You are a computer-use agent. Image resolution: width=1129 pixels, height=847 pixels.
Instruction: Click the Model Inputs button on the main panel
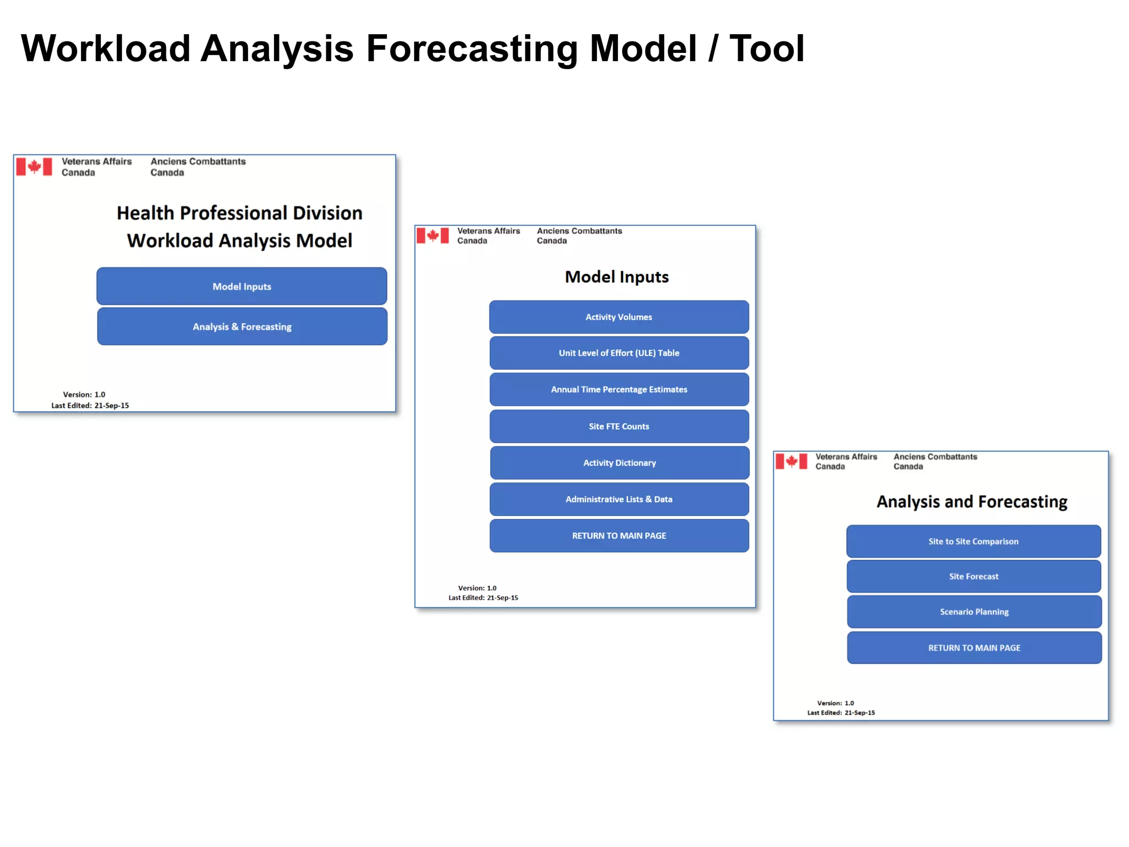pyautogui.click(x=241, y=286)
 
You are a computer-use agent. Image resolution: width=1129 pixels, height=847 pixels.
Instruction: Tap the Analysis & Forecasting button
pyautogui.click(x=242, y=326)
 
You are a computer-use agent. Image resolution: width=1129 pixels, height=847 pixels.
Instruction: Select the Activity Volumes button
pyautogui.click(x=619, y=317)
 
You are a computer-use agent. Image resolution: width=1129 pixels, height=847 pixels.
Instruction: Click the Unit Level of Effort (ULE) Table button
pyautogui.click(x=619, y=353)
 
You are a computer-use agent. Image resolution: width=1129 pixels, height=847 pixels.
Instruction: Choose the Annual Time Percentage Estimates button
pyautogui.click(x=619, y=389)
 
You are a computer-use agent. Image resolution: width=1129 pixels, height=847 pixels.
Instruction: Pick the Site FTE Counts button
pyautogui.click(x=619, y=426)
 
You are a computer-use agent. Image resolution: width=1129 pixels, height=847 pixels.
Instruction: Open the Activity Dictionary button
pyautogui.click(x=619, y=463)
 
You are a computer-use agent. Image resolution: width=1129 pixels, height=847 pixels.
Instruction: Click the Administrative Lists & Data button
pyautogui.click(x=619, y=499)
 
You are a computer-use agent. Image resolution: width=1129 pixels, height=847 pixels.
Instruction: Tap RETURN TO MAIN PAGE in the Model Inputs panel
pyautogui.click(x=619, y=535)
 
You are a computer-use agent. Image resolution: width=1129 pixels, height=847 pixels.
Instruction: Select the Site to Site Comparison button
pyautogui.click(x=973, y=542)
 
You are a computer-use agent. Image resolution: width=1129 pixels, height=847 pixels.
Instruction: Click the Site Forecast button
pyautogui.click(x=974, y=576)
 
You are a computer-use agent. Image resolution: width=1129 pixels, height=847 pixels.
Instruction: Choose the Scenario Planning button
pyautogui.click(x=974, y=612)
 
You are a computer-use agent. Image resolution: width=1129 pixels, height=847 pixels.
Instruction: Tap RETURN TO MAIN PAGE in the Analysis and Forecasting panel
pyautogui.click(x=974, y=648)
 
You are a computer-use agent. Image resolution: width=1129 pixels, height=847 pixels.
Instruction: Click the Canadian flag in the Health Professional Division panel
pyautogui.click(x=34, y=167)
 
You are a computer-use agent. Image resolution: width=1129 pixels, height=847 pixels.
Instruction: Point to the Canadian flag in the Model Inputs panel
pyautogui.click(x=433, y=236)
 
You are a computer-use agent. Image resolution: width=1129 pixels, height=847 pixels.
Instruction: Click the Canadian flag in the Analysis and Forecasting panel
pyautogui.click(x=791, y=461)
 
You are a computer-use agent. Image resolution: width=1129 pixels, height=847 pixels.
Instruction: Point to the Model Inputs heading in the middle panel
pyautogui.click(x=616, y=277)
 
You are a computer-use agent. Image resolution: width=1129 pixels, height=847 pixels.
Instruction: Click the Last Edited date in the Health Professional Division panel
pyautogui.click(x=111, y=405)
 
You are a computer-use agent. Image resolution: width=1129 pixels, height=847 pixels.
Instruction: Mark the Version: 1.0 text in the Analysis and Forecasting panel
pyautogui.click(x=835, y=703)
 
